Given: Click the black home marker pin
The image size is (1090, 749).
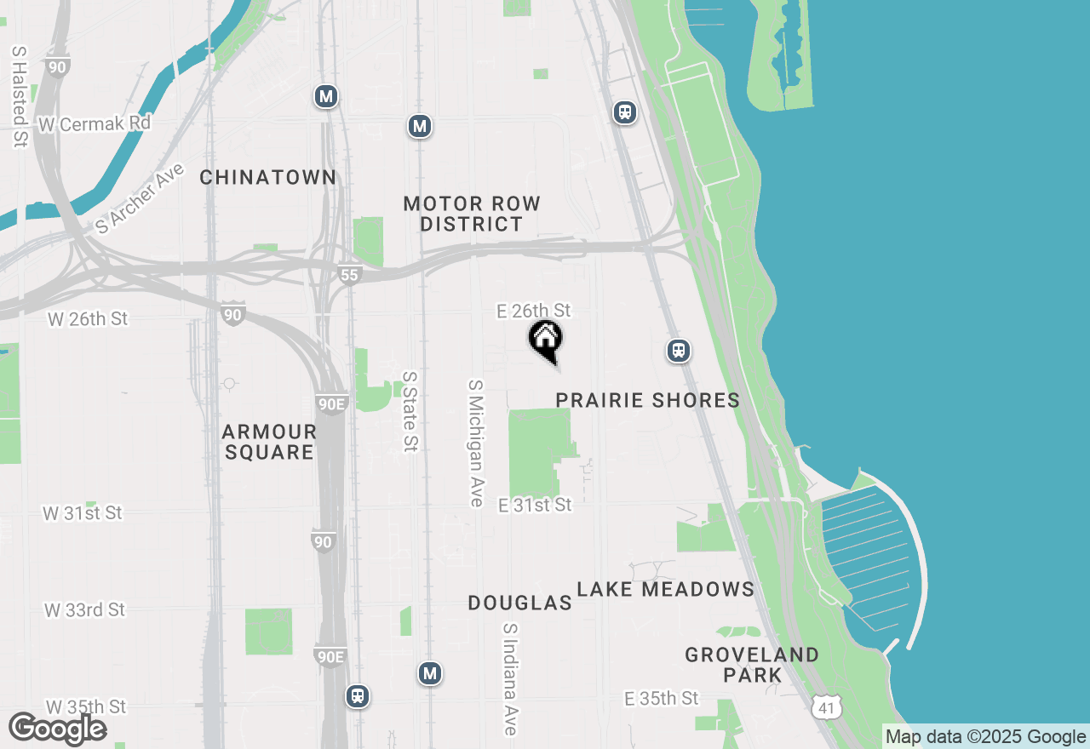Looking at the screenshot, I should (546, 340).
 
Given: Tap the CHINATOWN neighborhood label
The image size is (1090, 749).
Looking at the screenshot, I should (268, 177).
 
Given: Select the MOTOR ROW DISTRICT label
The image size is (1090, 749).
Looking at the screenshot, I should (471, 214).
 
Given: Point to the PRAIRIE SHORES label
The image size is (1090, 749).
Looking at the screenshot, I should (647, 400).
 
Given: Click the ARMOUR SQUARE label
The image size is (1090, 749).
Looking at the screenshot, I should (270, 442).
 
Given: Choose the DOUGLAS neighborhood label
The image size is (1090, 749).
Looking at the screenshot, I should (519, 603).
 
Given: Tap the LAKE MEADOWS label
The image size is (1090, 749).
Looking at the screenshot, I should (665, 589).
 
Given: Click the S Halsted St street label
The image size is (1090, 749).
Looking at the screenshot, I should (19, 95).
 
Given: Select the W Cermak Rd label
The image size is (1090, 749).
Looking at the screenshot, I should (95, 124).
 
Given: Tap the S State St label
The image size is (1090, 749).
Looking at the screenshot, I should (410, 411).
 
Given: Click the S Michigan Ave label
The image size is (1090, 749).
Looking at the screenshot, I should (475, 443).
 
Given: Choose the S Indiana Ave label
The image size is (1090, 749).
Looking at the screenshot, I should (510, 678).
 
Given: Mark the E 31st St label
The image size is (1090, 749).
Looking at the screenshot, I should (535, 505).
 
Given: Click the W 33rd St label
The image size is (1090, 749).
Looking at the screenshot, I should (84, 610).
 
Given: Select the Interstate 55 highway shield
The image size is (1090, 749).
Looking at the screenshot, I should (349, 274).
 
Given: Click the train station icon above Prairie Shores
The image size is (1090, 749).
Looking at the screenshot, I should (678, 350).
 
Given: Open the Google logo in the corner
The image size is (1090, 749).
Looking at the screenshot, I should (57, 729).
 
